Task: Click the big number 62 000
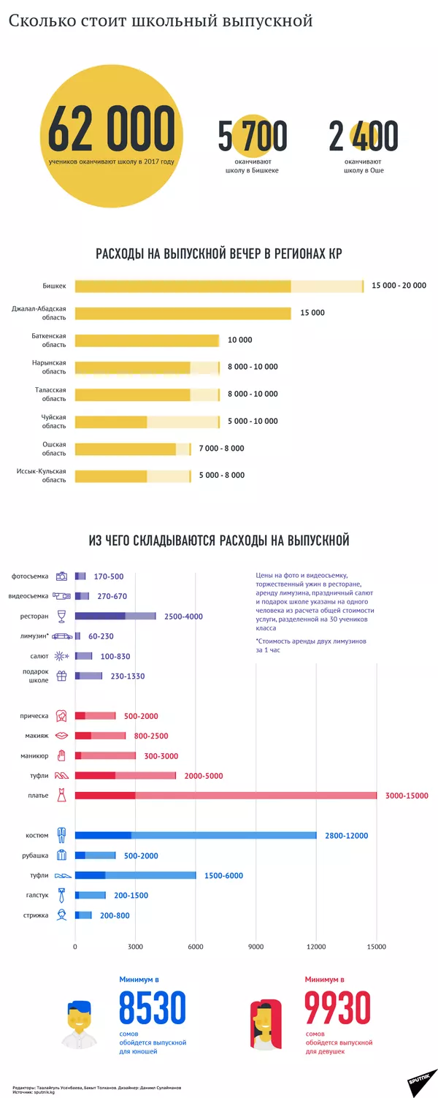[111, 129]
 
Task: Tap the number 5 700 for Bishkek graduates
[252, 136]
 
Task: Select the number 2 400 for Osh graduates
[363, 136]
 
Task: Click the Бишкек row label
[54, 286]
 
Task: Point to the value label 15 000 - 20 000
[399, 286]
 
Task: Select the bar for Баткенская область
[147, 340]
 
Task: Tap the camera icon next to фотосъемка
[63, 576]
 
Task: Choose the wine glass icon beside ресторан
[63, 616]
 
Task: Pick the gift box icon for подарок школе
[63, 676]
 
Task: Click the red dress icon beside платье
[63, 796]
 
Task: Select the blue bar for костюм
[196, 836]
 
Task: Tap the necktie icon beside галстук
[63, 896]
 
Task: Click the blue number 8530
[153, 1008]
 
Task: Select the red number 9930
[338, 1008]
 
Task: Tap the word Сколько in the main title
[37, 21]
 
